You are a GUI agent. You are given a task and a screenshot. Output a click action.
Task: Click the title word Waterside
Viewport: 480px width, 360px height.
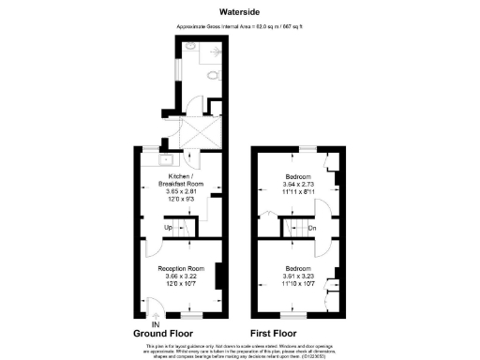(x=239, y=12)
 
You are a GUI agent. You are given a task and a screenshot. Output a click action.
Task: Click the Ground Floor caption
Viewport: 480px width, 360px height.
(x=163, y=333)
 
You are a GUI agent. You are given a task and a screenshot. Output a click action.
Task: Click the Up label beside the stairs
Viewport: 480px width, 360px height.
(x=168, y=226)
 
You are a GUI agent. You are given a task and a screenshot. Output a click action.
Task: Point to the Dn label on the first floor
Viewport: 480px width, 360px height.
(x=312, y=226)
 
